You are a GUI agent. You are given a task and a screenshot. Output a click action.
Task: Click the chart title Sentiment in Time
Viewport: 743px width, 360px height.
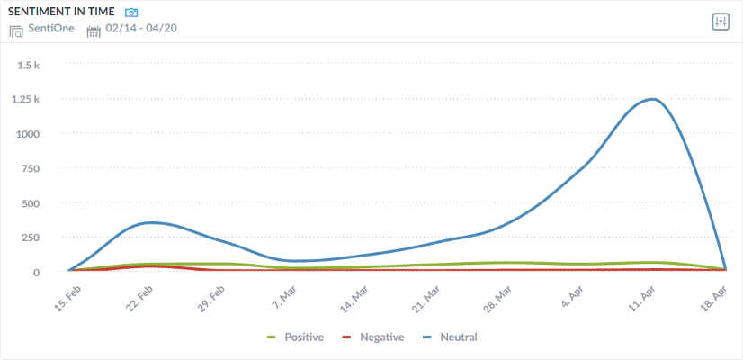61,12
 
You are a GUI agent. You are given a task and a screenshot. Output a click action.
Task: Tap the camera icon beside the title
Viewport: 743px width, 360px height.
132,13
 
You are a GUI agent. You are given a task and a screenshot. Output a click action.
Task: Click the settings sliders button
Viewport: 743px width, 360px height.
720,22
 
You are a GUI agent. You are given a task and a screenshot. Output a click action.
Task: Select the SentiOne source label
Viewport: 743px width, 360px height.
52,29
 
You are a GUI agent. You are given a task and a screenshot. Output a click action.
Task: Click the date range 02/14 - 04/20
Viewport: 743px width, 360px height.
140,30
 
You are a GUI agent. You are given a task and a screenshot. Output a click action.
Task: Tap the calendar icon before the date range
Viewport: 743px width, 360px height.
94,31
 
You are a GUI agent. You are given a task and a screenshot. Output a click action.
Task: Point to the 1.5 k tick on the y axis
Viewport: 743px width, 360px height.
41,65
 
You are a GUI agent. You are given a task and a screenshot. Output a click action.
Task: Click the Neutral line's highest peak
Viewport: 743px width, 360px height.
651,99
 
